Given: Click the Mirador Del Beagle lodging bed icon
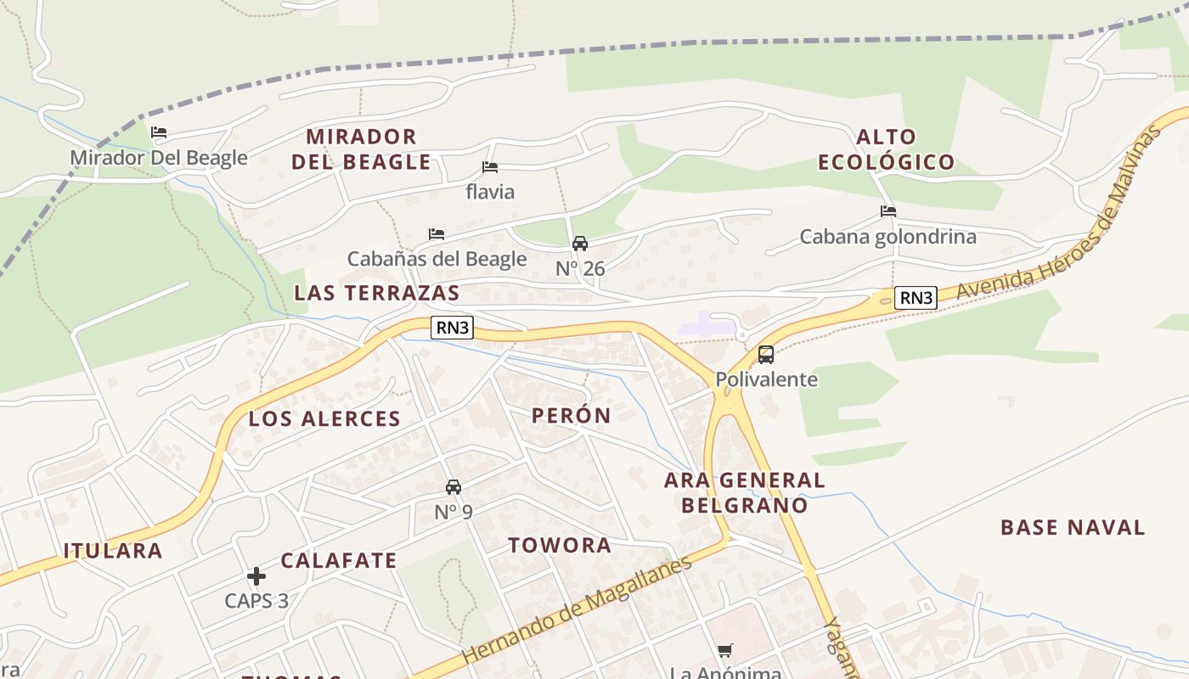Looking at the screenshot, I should [159, 132].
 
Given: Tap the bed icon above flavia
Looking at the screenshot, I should [490, 167].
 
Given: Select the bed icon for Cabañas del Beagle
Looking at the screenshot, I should [437, 233].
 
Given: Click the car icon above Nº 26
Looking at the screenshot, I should [580, 244].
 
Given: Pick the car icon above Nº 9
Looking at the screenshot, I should [454, 487].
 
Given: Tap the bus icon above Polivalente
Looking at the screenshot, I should [766, 355].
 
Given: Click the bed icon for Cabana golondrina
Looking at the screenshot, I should [888, 211].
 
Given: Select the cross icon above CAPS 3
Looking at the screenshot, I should [256, 576].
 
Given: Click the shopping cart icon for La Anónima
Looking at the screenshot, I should [724, 651].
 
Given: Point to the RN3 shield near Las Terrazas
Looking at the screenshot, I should [452, 328].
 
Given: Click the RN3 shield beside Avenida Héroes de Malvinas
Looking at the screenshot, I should [916, 298].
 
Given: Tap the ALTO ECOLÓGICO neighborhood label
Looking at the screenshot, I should [887, 149].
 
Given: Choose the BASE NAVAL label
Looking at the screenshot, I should [1073, 527].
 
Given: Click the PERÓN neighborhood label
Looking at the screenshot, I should [572, 415].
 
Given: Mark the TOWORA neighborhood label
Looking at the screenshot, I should [560, 545].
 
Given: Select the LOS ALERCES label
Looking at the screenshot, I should [324, 418].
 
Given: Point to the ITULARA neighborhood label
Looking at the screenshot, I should [113, 550].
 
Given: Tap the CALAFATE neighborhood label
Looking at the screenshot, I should [339, 560].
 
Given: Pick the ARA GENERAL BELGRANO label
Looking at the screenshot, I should [744, 492].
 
